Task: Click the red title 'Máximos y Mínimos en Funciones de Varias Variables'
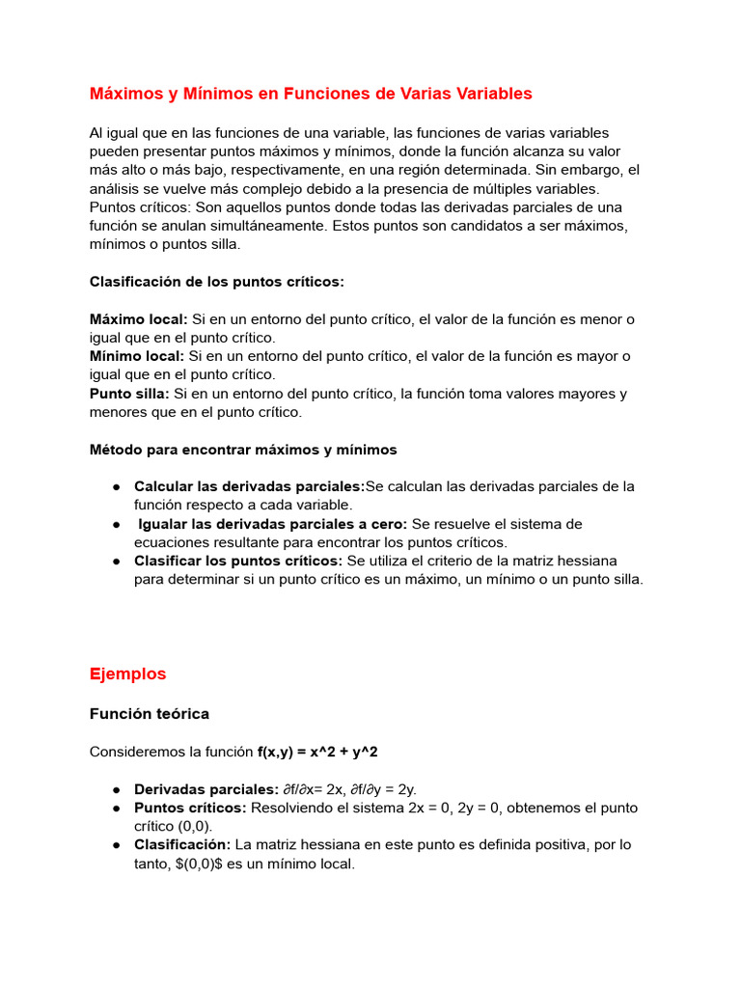pos(311,94)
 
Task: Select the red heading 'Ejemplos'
pos(127,673)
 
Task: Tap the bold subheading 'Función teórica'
pos(149,714)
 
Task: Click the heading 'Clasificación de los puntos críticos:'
pos(216,282)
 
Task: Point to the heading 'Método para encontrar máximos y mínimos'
pos(243,450)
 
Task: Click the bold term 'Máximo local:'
pos(139,319)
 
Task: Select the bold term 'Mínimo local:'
pos(137,356)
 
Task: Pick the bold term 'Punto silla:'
pos(130,394)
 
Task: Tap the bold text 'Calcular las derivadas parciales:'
pos(249,486)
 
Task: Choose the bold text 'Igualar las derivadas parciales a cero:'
pos(273,524)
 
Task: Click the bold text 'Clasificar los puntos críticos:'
pos(238,561)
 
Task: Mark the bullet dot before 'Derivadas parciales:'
pos(116,789)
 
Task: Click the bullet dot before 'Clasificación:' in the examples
pos(116,845)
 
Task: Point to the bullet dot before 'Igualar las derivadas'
pos(116,524)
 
